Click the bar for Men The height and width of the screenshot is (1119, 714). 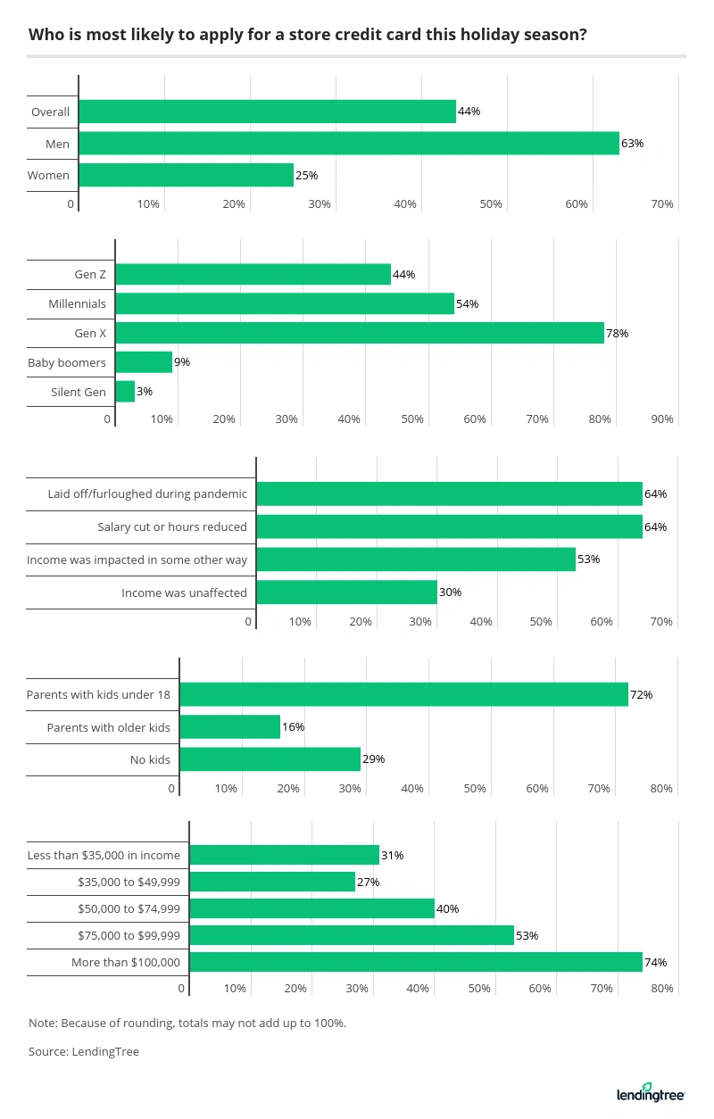click(x=349, y=143)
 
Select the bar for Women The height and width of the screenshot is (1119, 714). click(x=186, y=175)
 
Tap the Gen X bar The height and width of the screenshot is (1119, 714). click(x=360, y=333)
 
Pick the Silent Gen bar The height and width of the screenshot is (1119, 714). click(x=125, y=392)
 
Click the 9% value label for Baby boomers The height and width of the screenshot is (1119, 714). click(x=182, y=362)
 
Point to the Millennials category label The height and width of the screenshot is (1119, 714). click(x=77, y=303)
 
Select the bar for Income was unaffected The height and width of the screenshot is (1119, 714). click(x=346, y=593)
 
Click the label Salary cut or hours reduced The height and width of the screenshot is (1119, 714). click(x=172, y=526)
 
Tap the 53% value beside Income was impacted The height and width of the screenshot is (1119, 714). click(x=588, y=559)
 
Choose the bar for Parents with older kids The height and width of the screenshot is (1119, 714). click(x=230, y=727)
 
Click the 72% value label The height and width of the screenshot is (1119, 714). click(x=641, y=694)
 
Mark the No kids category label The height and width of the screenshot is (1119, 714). click(x=150, y=760)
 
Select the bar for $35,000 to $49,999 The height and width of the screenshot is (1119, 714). click(x=272, y=882)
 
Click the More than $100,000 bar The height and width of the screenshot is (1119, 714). click(x=416, y=962)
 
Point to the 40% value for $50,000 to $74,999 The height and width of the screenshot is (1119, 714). click(x=447, y=908)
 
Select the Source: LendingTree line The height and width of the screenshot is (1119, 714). click(x=84, y=1051)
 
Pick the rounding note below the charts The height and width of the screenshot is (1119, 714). click(x=187, y=1023)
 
